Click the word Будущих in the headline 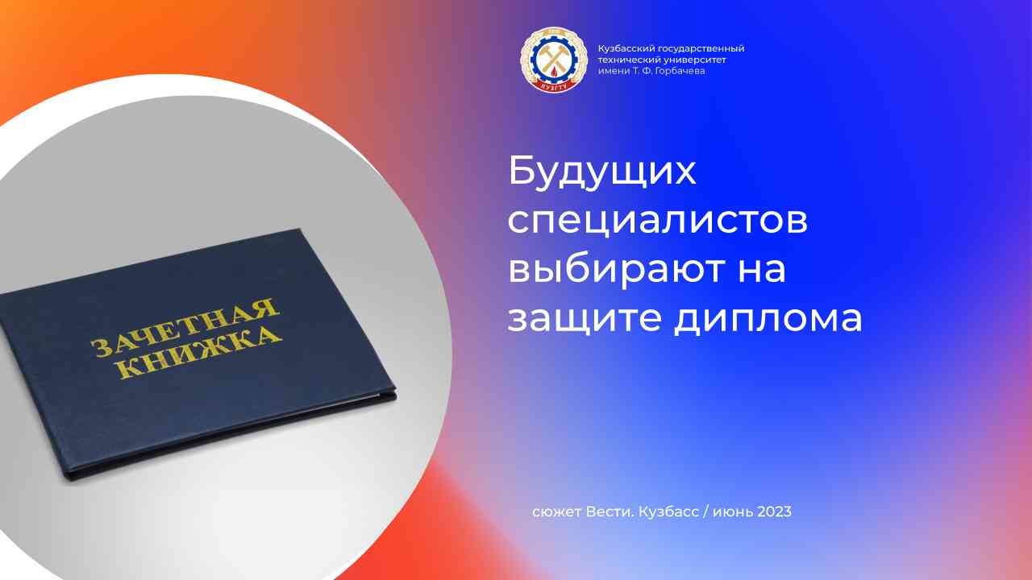(601, 173)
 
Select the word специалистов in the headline (657, 222)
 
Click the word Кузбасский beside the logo (623, 49)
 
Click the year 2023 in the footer (774, 512)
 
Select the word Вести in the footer (614, 512)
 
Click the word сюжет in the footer (554, 512)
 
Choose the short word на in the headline (763, 269)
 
